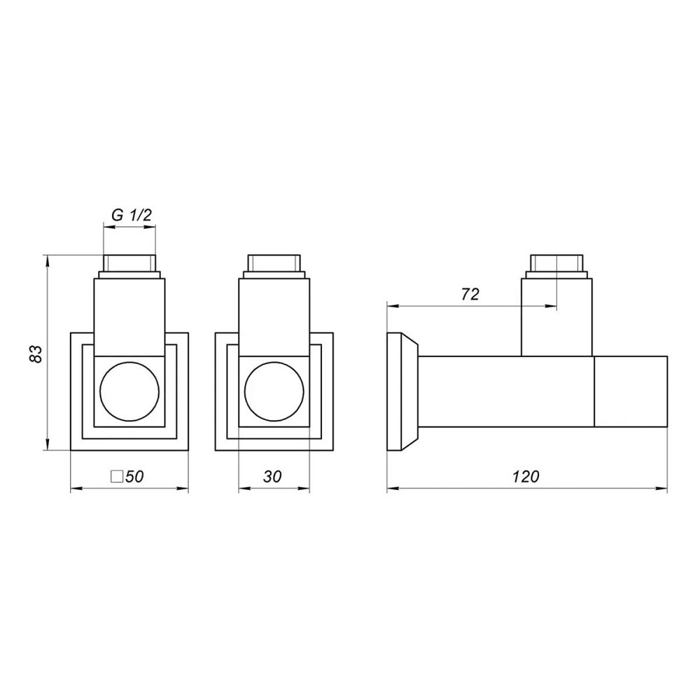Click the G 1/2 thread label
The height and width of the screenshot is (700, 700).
click(x=132, y=216)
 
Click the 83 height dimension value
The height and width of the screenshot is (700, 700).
click(x=36, y=353)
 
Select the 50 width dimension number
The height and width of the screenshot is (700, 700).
click(x=135, y=477)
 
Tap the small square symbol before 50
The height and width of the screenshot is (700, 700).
click(x=118, y=476)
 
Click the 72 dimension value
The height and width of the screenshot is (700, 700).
click(x=470, y=294)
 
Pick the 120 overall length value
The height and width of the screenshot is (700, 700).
click(x=526, y=477)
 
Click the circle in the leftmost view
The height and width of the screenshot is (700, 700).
click(x=129, y=391)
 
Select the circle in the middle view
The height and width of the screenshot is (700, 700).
click(x=274, y=391)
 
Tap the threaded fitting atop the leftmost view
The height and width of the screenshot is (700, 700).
click(x=129, y=267)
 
